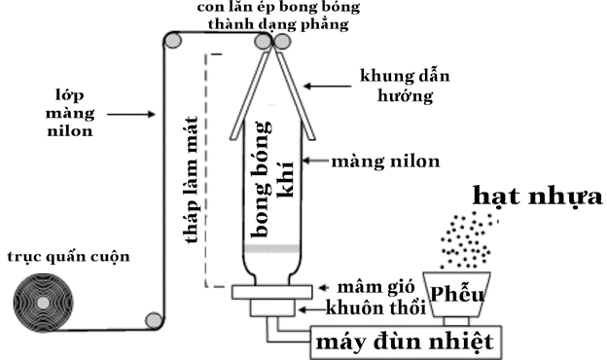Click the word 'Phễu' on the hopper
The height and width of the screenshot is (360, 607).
tap(457, 294)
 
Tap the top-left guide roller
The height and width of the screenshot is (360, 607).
tap(173, 41)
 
